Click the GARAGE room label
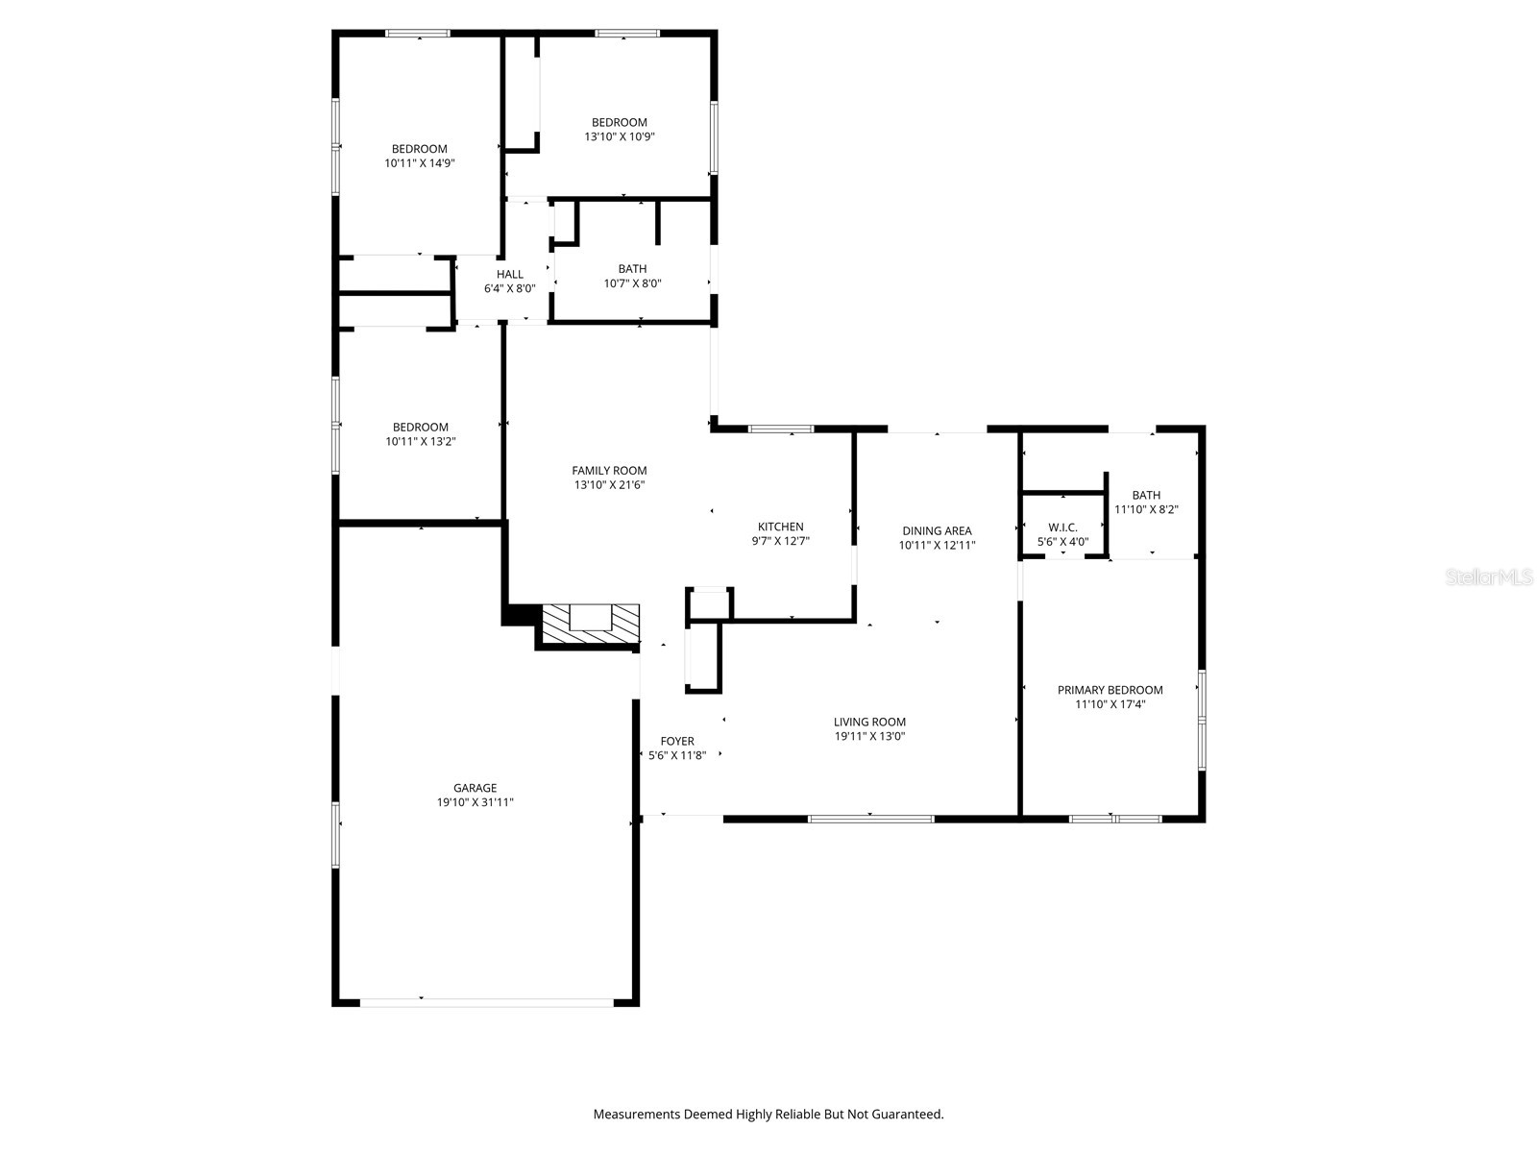click(475, 788)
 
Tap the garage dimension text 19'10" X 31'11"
click(475, 802)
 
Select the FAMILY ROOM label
click(609, 471)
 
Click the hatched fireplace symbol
click(590, 625)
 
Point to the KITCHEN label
click(780, 527)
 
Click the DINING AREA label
click(937, 530)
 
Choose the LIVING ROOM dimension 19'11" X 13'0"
click(869, 737)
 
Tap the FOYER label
click(676, 741)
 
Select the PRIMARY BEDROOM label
click(1110, 690)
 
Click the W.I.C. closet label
click(1062, 527)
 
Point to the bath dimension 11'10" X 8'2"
click(1146, 510)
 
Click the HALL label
click(510, 274)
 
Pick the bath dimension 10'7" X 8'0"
click(632, 283)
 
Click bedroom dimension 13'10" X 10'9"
click(620, 136)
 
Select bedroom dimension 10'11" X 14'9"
click(419, 163)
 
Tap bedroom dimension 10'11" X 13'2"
click(420, 442)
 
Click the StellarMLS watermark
click(1489, 576)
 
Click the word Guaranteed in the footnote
click(907, 1115)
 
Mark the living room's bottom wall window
click(870, 819)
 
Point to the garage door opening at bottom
click(486, 1002)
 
